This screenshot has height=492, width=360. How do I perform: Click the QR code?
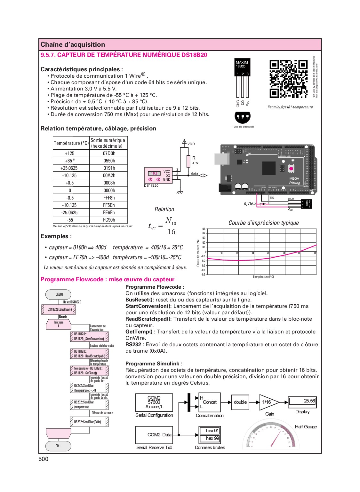pos(288,79)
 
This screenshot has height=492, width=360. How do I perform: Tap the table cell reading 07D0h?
pos(109,153)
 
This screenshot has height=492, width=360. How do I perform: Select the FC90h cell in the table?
pos(109,220)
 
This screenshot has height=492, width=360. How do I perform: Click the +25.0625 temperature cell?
pos(69,168)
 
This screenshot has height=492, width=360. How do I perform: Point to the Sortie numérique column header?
pos(108,143)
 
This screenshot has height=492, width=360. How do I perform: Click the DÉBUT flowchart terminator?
pos(59,294)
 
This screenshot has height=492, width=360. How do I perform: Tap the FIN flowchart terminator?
pos(58,446)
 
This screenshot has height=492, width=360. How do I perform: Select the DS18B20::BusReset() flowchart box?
pos(59,309)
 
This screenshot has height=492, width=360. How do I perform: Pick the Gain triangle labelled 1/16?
pos(268,402)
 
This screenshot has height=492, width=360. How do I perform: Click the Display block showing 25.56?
pos(302,401)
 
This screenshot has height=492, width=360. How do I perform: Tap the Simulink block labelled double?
pos(240,402)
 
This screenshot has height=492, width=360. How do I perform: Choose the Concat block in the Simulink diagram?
pos(210,402)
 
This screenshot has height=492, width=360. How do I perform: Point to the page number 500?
pos(44,459)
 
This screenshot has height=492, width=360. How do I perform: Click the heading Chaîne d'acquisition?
pos(73,45)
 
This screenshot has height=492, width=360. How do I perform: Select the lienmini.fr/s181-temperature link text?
pos(290,107)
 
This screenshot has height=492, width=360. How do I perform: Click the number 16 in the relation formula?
pos(171,232)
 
